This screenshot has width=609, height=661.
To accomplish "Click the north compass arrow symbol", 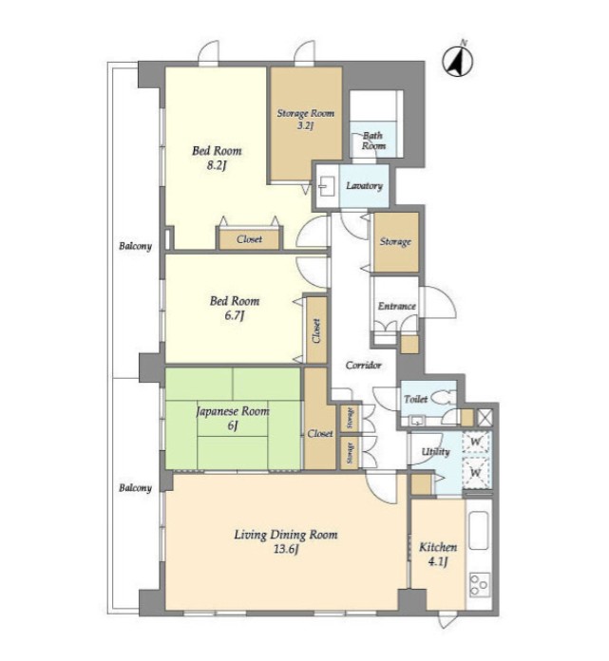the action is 458,61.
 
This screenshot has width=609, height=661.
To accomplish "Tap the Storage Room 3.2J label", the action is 305,119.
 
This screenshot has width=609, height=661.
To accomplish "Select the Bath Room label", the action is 373,141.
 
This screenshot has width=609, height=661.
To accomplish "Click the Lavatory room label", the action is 365,186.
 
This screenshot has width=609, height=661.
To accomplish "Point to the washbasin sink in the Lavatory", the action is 326,186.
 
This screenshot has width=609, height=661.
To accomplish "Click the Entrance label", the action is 396,306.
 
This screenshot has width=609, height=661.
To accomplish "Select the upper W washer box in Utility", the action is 476,443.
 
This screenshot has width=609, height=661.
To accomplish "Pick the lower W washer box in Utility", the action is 476,473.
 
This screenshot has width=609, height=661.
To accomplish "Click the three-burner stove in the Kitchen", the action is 480,584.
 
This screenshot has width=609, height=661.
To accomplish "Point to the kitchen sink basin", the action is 479,530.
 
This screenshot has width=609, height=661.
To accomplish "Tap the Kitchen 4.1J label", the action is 438,554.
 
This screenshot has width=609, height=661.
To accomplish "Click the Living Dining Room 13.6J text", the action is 286,541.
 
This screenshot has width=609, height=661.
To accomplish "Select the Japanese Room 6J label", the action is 233,418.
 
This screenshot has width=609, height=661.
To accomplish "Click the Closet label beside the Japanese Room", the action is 320,433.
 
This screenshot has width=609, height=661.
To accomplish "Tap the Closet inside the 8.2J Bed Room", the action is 249,239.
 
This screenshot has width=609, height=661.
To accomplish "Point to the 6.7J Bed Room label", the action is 235,308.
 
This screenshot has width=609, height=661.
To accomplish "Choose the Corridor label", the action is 364,365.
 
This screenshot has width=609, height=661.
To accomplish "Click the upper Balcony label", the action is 135,246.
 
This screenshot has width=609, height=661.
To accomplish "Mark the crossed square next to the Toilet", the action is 485,418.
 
